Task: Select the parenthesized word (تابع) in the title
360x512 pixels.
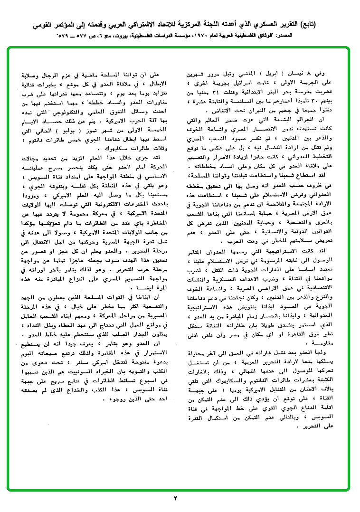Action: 340,24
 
